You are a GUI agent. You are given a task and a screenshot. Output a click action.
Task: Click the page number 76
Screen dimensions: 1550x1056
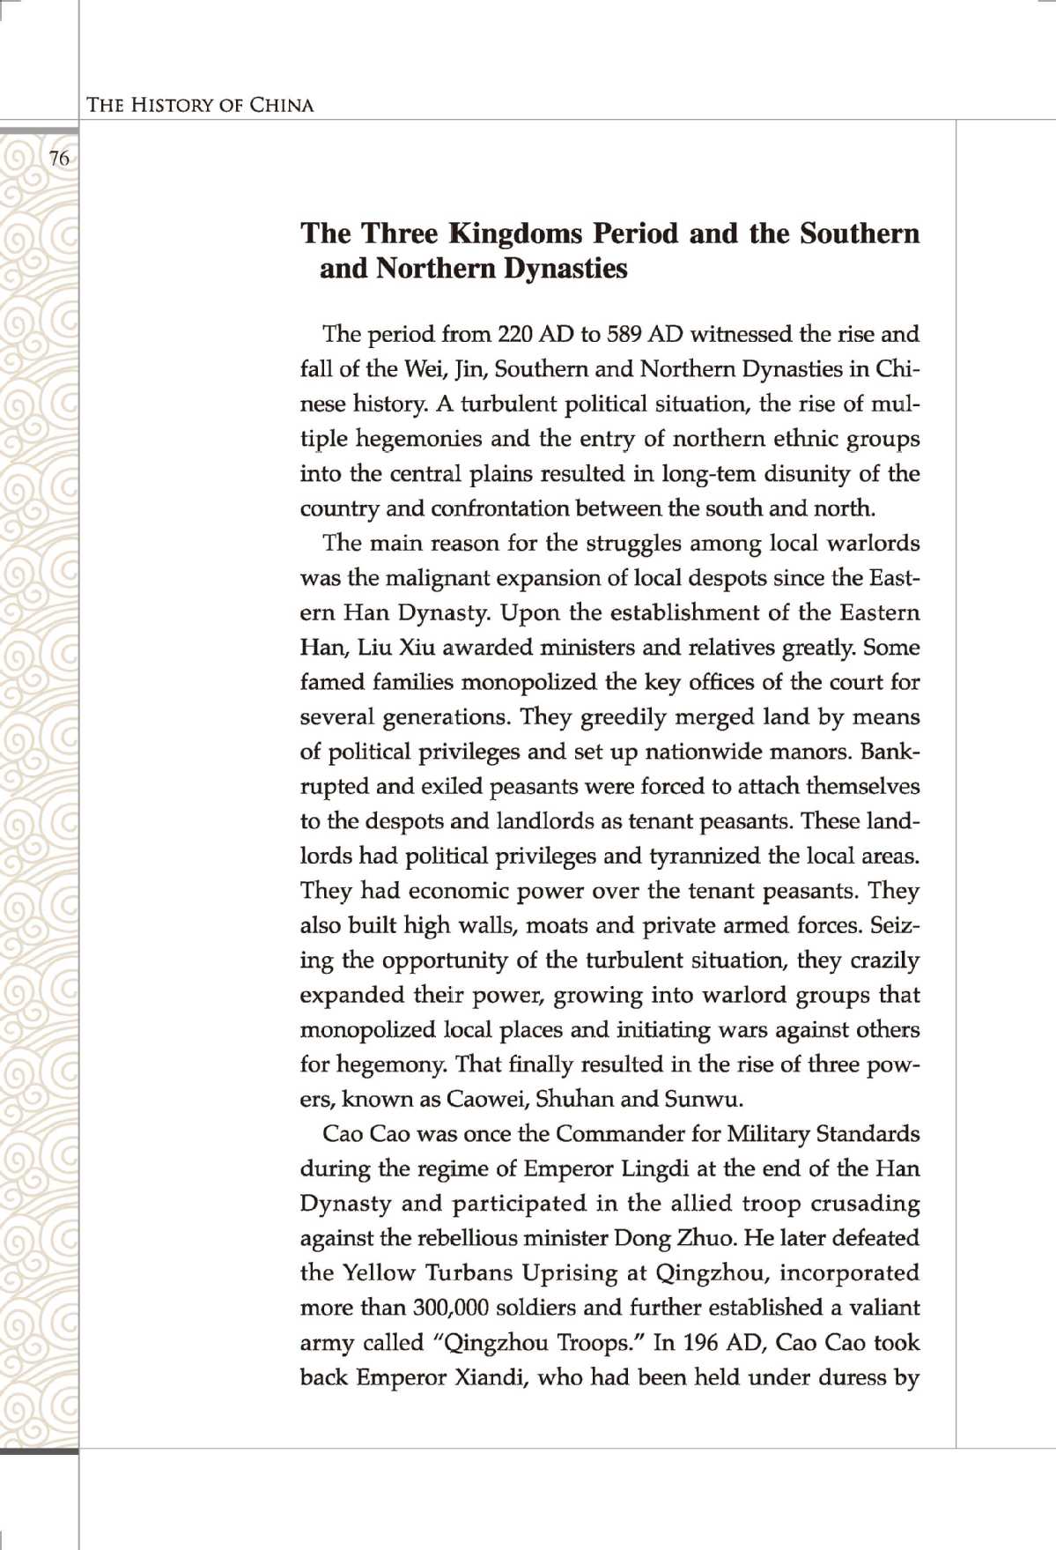[x=59, y=159]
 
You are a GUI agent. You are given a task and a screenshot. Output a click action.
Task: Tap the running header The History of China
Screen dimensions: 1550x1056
[x=200, y=105]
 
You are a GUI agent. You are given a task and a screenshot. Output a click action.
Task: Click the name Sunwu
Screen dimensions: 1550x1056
[x=703, y=1099]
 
